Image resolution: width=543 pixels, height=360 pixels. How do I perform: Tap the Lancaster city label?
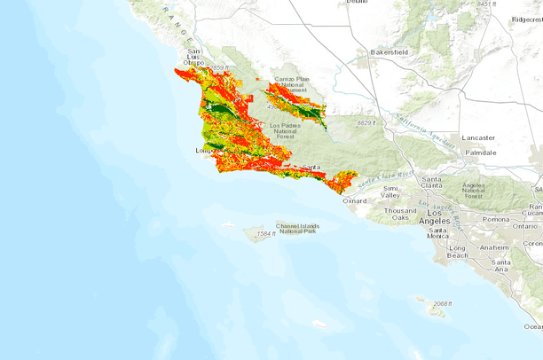tap(478, 137)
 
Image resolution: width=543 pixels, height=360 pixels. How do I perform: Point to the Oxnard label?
tap(354, 200)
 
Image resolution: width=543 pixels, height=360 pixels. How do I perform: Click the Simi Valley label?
tap(391, 192)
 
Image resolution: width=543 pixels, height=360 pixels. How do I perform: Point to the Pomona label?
tap(497, 218)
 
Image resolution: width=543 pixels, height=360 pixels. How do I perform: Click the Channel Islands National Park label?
tap(297, 228)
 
